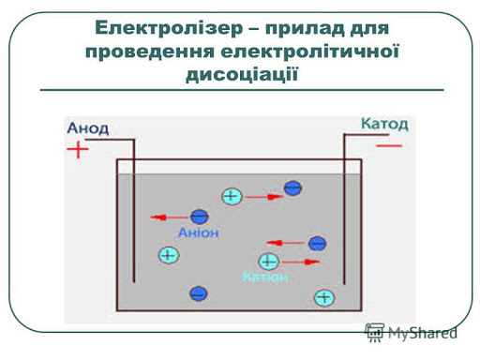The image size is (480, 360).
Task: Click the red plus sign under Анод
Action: tap(79, 148)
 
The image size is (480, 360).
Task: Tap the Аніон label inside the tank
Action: tap(198, 233)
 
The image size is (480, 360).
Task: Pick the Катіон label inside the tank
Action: tap(266, 277)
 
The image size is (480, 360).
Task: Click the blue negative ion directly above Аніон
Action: tap(199, 217)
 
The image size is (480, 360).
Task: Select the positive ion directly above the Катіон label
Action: tap(269, 261)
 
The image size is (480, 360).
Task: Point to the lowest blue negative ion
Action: tap(198, 293)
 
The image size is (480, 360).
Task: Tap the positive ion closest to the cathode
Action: tap(324, 297)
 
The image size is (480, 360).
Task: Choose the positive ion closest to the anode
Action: tap(169, 254)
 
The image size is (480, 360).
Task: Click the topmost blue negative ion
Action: tap(292, 188)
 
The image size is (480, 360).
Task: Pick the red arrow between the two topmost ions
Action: tap(267, 197)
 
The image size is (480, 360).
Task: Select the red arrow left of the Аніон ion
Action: tap(168, 217)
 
